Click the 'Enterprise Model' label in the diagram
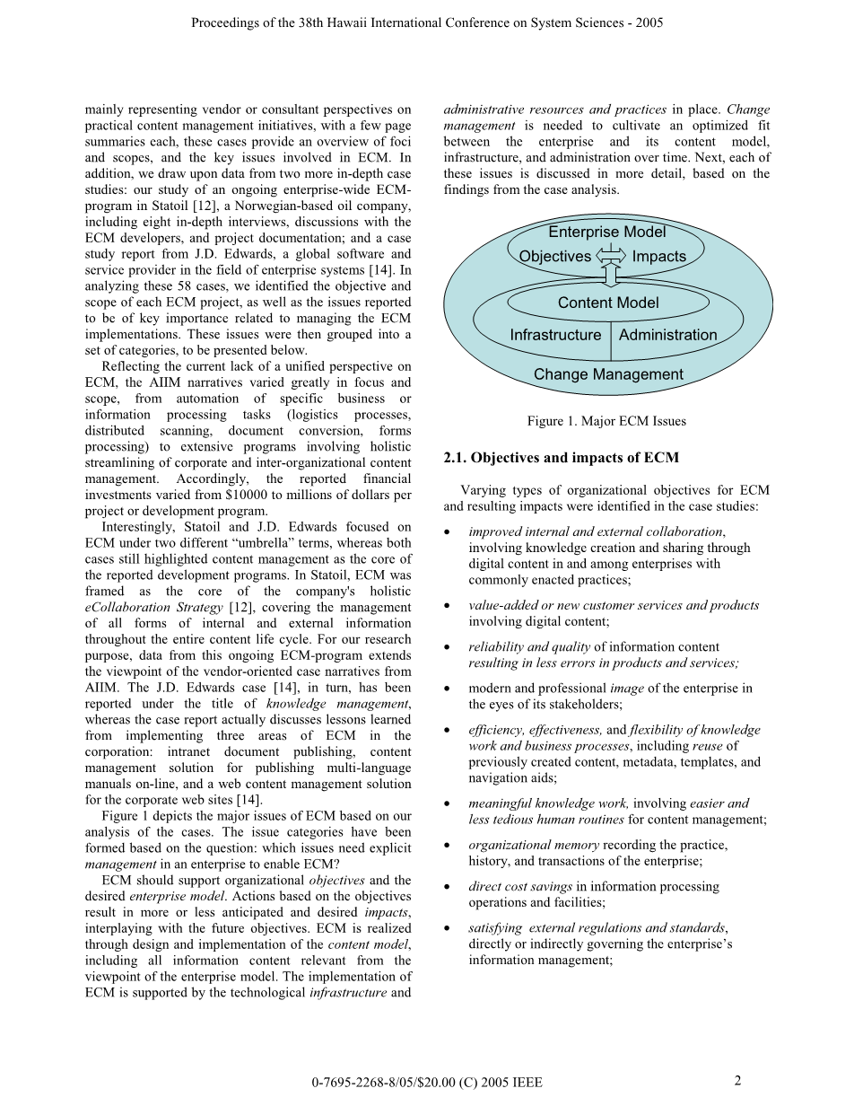[607, 233]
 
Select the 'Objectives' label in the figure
[555, 257]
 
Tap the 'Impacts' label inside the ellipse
[658, 257]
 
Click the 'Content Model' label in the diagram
[607, 303]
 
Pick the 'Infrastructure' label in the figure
[555, 336]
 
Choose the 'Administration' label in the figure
[667, 336]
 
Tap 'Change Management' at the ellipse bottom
[607, 375]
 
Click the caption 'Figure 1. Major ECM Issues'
[606, 421]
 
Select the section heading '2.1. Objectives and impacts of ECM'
[561, 458]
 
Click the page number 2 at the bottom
[737, 1081]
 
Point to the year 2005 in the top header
[648, 22]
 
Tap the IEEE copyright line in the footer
[427, 1083]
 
